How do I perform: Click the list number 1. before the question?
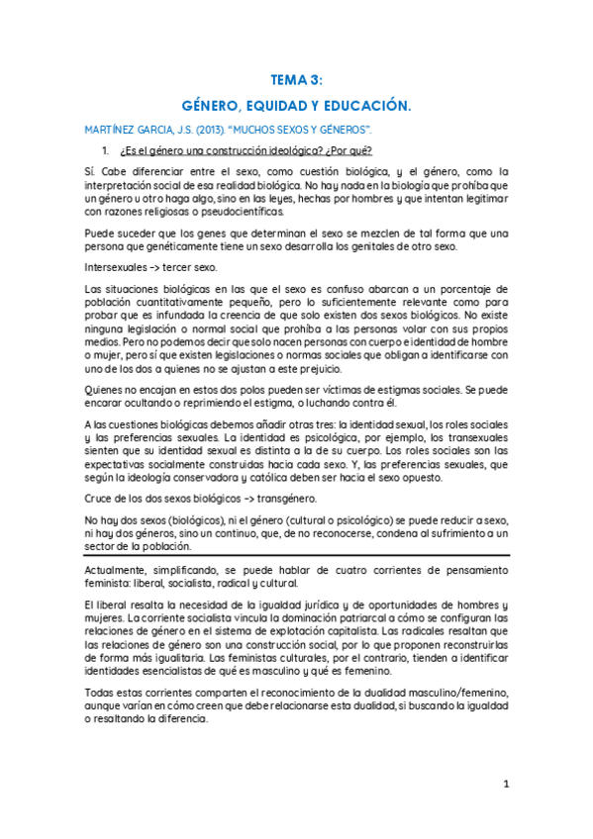pos(107,150)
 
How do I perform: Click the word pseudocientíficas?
pos(240,212)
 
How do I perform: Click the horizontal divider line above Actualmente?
pos(296,556)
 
